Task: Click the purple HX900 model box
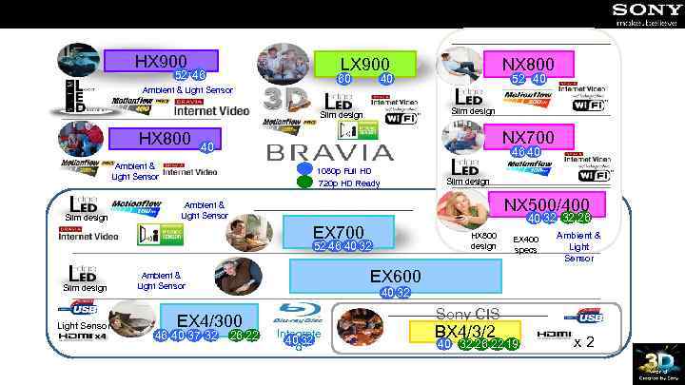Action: coord(161,61)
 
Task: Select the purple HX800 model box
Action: coord(165,139)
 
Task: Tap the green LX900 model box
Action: coord(365,63)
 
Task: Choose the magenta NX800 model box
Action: coord(541,64)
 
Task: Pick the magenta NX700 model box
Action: coord(541,138)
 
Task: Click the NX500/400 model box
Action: coord(546,204)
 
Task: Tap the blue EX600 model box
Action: coord(395,276)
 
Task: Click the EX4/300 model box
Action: coord(209,320)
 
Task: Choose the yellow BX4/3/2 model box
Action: coord(464,331)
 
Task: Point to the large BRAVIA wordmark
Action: coord(329,153)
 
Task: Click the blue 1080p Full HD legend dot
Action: coord(304,170)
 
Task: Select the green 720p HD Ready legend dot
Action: coord(304,183)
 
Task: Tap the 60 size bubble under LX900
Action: coord(345,79)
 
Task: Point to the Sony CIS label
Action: coord(467,314)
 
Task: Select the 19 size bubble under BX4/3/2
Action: coord(512,344)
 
